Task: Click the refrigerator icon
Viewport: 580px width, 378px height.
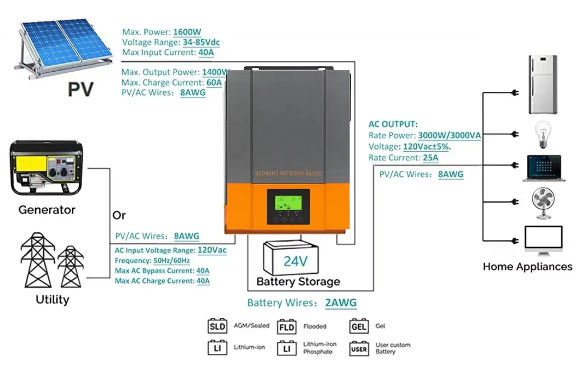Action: pyautogui.click(x=542, y=84)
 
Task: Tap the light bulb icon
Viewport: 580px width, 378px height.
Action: pyautogui.click(x=542, y=134)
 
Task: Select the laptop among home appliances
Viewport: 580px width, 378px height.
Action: pyautogui.click(x=542, y=168)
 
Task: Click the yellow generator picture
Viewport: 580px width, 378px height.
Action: pyautogui.click(x=46, y=170)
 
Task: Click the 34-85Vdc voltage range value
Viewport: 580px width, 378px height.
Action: pyautogui.click(x=202, y=43)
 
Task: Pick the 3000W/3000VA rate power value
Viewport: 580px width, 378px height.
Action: pyautogui.click(x=449, y=135)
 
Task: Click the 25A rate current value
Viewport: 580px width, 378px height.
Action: pyautogui.click(x=430, y=158)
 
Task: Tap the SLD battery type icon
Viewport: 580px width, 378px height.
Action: pyautogui.click(x=217, y=327)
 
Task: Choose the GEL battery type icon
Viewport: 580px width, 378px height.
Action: pyautogui.click(x=359, y=327)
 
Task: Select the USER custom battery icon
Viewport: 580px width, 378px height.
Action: pyautogui.click(x=359, y=348)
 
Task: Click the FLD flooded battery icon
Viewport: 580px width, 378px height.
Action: pyautogui.click(x=286, y=327)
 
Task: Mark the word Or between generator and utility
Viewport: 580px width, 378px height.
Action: pyautogui.click(x=119, y=215)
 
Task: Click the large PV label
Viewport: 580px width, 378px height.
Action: pyautogui.click(x=81, y=89)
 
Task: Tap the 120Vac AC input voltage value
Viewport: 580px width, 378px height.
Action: pyautogui.click(x=211, y=250)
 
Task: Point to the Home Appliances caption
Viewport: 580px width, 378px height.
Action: pyautogui.click(x=527, y=267)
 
